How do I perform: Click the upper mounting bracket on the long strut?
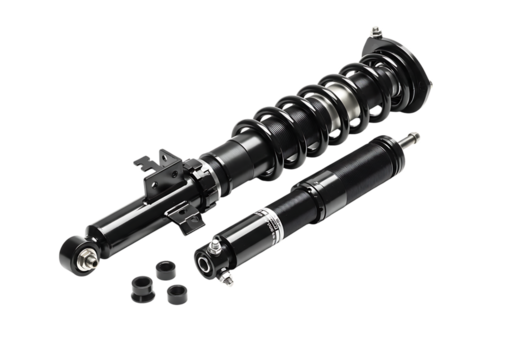[x=158, y=165]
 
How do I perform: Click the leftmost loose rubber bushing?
[x=140, y=285]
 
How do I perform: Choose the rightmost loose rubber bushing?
[x=177, y=294]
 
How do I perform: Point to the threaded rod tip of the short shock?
[x=413, y=137]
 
